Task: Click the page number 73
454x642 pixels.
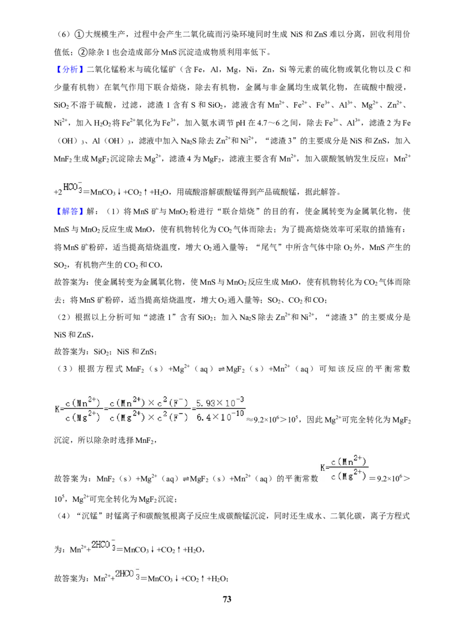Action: pyautogui.click(x=227, y=599)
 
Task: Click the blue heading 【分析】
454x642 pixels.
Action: pyautogui.click(x=70, y=70)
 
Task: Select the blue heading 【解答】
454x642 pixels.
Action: pyautogui.click(x=70, y=212)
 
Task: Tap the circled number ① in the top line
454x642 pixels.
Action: pyautogui.click(x=79, y=35)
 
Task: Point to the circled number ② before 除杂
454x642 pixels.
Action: pyautogui.click(x=82, y=52)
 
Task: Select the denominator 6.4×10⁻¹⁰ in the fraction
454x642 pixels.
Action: pyautogui.click(x=220, y=417)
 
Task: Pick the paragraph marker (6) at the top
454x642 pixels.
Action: pyautogui.click(x=65, y=35)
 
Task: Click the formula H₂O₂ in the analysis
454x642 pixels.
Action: pyautogui.click(x=103, y=123)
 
